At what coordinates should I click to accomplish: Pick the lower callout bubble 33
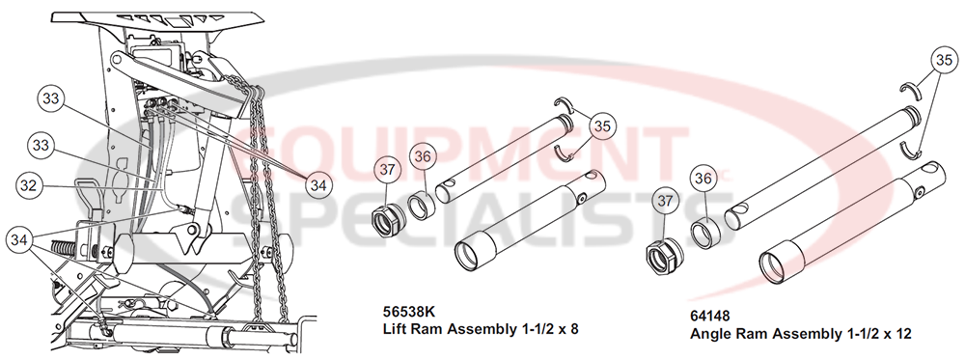click(40, 146)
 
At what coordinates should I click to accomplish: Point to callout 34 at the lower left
click(20, 237)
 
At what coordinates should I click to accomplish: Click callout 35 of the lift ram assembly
click(601, 125)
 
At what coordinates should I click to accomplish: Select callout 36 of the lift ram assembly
click(422, 156)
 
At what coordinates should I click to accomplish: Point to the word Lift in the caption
click(397, 328)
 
